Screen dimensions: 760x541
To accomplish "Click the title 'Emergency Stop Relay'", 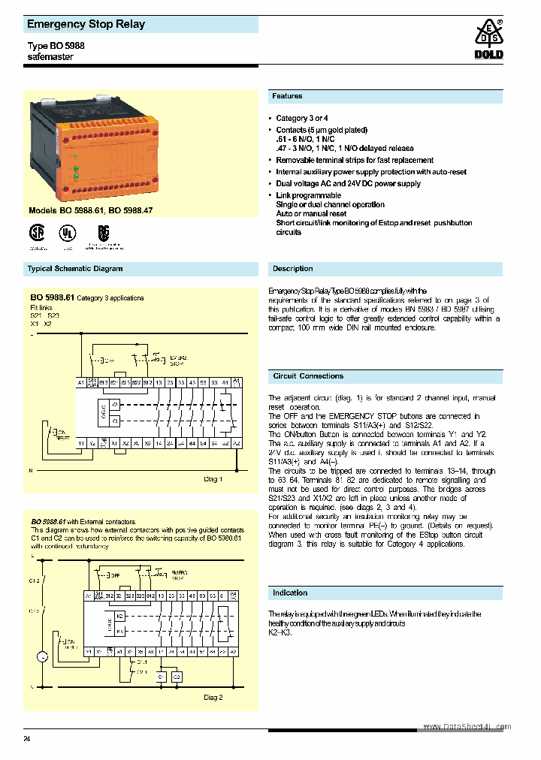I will coord(86,24).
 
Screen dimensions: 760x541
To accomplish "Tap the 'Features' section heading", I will coord(287,96).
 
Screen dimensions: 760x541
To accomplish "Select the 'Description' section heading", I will coord(292,268).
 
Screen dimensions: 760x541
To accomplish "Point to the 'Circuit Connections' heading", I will coord(308,375).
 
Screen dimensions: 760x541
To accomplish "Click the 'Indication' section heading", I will coord(290,593).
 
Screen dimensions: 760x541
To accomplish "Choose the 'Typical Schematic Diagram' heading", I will coord(75,268).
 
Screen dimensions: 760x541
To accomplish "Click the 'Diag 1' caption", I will coord(213,478).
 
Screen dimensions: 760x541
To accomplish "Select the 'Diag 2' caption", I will coord(213,697).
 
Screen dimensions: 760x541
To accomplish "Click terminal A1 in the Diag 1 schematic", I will coord(80,383).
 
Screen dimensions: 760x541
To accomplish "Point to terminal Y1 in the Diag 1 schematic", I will coord(81,443).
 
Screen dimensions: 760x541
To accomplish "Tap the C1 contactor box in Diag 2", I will coord(160,676).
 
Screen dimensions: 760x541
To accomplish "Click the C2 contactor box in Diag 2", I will coord(177,676).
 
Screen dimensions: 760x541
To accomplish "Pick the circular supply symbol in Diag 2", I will coord(43,657).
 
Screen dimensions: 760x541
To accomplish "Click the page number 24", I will coord(27,740).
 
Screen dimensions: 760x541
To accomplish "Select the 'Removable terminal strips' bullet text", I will coord(354,160).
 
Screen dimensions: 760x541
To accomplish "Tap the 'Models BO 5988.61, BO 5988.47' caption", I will coord(90,211).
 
